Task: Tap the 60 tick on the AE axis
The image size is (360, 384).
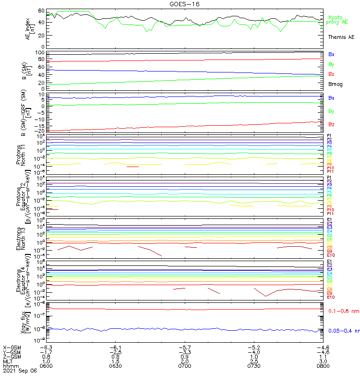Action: [41, 11]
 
